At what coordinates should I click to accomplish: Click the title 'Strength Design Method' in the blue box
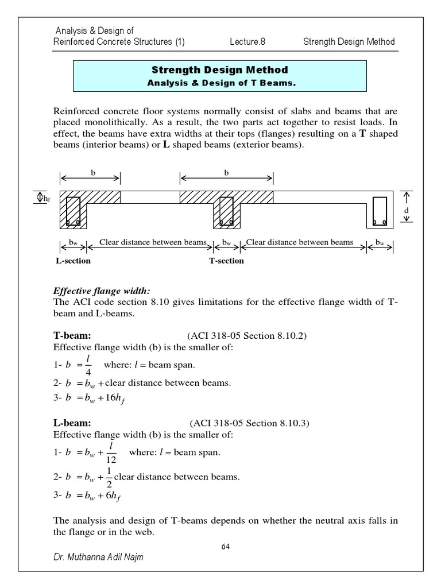[x=220, y=70]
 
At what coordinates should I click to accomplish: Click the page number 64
[x=226, y=547]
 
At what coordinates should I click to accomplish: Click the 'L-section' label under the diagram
[x=73, y=261]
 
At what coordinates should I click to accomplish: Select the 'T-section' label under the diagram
[x=226, y=261]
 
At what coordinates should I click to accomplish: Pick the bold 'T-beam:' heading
[x=72, y=336]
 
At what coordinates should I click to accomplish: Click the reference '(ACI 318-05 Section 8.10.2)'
[x=247, y=336]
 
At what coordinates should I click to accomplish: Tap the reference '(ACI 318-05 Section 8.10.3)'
[x=248, y=424]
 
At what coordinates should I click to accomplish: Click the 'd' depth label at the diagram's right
[x=407, y=210]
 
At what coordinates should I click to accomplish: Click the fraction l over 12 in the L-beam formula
[x=111, y=452]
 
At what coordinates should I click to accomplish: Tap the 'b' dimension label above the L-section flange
[x=91, y=172]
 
